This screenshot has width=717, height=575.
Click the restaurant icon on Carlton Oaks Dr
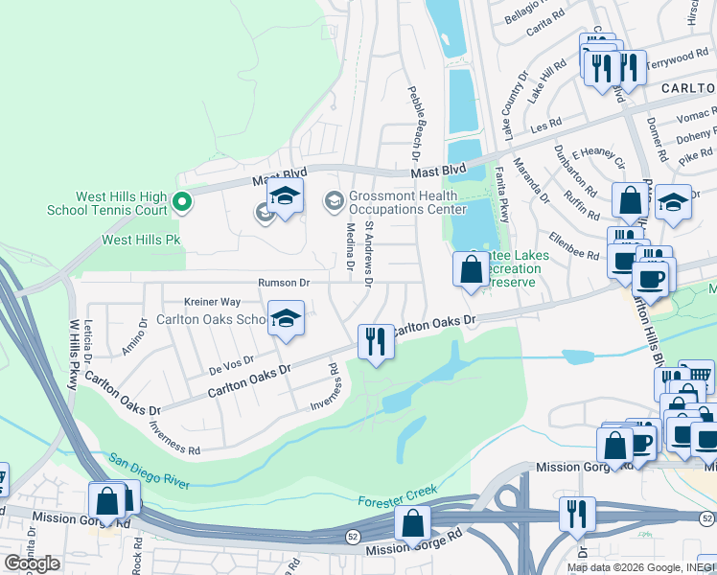pyautogui.click(x=376, y=342)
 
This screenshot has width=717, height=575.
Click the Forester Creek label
pyautogui.click(x=397, y=496)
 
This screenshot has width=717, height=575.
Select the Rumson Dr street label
pyautogui.click(x=284, y=283)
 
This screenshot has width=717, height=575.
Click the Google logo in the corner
pyautogui.click(x=32, y=563)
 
